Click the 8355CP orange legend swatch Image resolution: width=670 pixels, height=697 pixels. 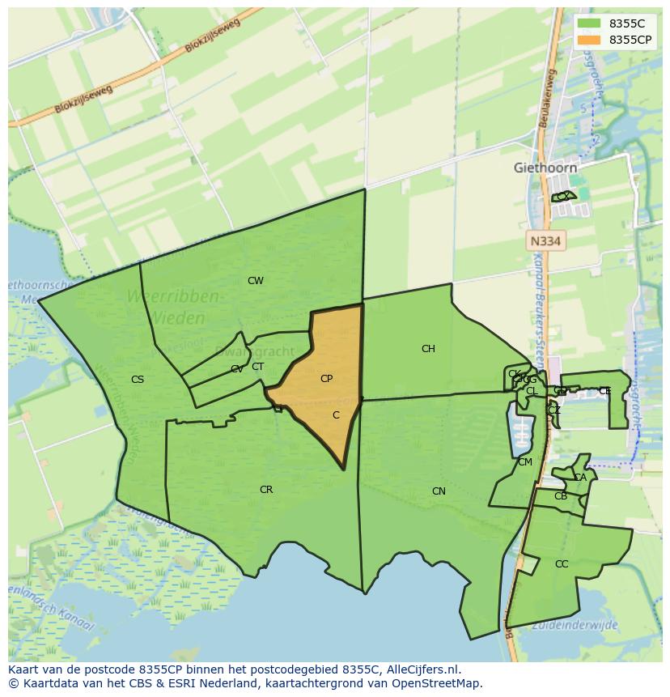click(x=589, y=40)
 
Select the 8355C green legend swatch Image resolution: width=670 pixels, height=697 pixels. click(x=589, y=23)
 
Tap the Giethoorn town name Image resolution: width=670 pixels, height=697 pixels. click(x=545, y=168)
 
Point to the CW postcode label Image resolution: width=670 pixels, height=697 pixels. click(x=256, y=281)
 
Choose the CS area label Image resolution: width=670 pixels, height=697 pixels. click(x=138, y=379)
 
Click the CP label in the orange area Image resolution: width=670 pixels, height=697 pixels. click(x=326, y=378)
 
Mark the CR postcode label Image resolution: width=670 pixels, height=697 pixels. click(x=266, y=490)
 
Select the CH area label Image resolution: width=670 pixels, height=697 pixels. click(x=428, y=349)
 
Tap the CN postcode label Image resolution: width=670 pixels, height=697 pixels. click(x=439, y=491)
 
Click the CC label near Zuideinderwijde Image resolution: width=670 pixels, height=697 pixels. click(x=562, y=564)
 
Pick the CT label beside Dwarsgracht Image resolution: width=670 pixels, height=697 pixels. click(x=257, y=367)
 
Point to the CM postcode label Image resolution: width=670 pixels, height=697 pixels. click(x=525, y=462)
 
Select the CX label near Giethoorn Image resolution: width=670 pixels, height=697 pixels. click(x=562, y=197)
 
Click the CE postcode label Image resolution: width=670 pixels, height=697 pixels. click(x=604, y=391)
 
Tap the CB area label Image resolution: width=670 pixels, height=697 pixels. click(x=561, y=496)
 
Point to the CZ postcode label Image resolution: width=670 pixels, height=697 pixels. click(x=554, y=410)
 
